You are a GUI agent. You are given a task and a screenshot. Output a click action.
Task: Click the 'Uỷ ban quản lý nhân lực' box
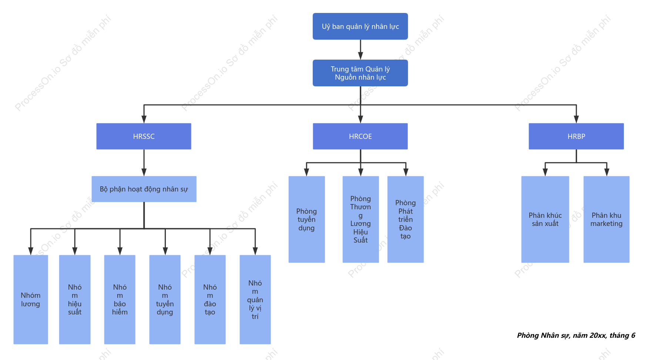[x=360, y=26]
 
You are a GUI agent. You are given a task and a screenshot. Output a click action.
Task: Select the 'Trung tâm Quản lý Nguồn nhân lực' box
[x=360, y=73]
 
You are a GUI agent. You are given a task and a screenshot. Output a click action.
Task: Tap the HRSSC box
[x=144, y=136]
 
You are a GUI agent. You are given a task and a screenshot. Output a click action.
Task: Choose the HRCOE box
[x=360, y=136]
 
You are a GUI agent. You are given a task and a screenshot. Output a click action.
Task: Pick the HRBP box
[x=576, y=136]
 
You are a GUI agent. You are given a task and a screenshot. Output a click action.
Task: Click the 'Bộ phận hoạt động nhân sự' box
[x=144, y=189]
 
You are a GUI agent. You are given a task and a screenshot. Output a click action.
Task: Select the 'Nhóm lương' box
[x=31, y=300]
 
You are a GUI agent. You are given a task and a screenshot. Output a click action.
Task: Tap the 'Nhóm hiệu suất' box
[x=75, y=300]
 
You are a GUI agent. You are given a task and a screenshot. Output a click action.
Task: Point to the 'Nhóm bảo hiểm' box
[x=120, y=300]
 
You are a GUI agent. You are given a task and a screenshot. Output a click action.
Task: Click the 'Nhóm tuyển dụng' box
[x=165, y=300]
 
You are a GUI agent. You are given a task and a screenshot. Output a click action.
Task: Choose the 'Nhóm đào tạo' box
[x=210, y=300]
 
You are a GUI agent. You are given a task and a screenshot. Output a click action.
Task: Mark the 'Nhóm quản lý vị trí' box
[x=255, y=300]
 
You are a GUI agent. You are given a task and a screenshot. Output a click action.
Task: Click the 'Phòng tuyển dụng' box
[x=306, y=219]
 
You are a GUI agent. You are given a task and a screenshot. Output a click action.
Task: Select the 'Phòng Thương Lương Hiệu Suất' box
[x=361, y=219]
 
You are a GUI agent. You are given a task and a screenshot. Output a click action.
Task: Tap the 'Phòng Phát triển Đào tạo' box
[x=405, y=219]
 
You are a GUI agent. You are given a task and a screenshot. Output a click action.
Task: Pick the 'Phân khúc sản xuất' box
[x=545, y=219]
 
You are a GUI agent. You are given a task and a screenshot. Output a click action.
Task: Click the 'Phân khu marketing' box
[x=606, y=219]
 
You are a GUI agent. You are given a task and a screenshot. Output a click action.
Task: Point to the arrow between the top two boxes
[x=361, y=50]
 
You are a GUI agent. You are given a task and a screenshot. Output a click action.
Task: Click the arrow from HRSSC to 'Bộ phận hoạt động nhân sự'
[x=144, y=163]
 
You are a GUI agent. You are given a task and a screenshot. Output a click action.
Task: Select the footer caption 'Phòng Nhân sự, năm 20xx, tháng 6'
[x=576, y=336]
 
